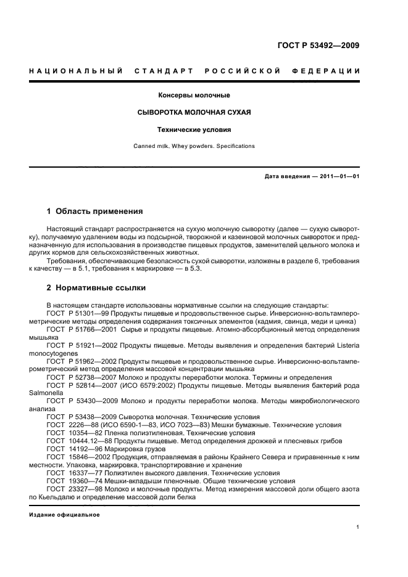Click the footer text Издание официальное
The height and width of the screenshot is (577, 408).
64,515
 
